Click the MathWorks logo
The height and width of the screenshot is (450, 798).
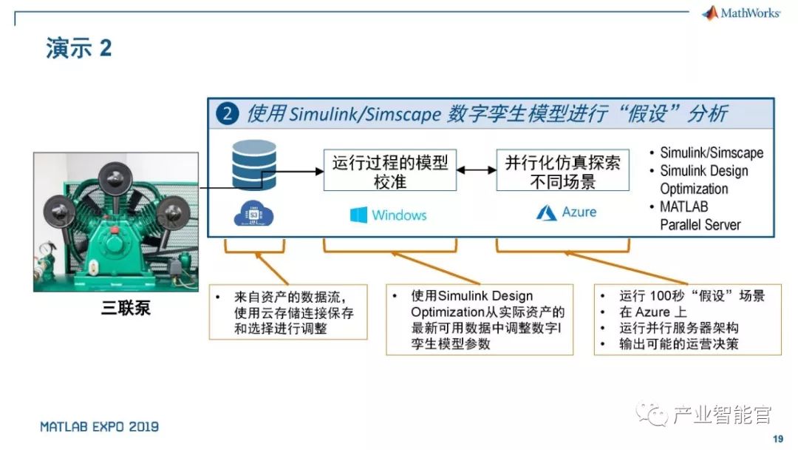click(741, 13)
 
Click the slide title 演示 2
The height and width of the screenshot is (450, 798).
click(78, 50)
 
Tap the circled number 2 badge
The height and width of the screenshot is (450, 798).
click(227, 114)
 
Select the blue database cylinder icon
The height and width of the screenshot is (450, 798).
click(253, 165)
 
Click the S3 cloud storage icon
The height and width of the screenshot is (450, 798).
click(253, 214)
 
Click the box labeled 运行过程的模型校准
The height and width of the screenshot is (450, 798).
click(389, 170)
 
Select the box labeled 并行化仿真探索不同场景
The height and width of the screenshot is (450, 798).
click(562, 170)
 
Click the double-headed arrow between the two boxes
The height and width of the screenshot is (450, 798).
click(476, 170)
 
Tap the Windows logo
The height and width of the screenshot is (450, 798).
click(359, 215)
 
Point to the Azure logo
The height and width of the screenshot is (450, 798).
click(547, 212)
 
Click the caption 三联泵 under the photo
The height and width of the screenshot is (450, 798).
click(126, 307)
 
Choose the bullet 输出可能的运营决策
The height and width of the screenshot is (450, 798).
click(678, 344)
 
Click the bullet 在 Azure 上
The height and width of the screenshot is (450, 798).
click(655, 312)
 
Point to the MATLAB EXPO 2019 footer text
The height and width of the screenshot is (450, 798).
click(99, 427)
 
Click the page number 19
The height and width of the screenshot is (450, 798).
click(777, 439)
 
